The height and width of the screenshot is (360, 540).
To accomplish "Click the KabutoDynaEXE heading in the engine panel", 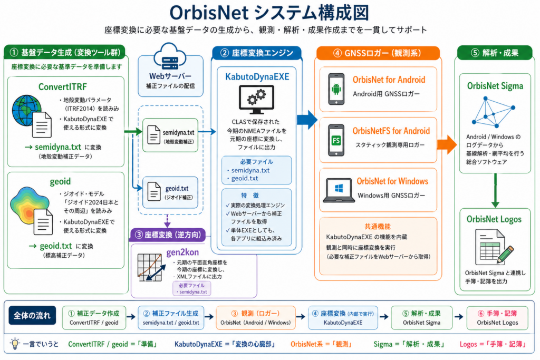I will point(257,76).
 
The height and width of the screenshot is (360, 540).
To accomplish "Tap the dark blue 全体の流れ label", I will point(32,316).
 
